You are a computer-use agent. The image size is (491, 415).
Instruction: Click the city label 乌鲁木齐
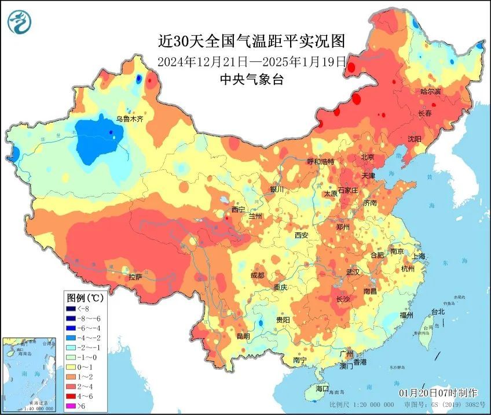point(129,119)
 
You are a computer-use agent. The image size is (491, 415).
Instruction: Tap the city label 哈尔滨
point(430,92)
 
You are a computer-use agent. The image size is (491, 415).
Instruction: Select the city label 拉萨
point(135,277)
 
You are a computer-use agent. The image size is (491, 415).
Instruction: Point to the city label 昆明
point(243,336)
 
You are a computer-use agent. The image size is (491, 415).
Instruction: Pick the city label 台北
point(437,312)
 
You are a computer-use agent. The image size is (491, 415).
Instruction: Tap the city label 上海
point(418,256)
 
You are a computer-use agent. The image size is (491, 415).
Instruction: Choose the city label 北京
point(368,157)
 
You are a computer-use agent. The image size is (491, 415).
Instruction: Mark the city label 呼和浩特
point(320,162)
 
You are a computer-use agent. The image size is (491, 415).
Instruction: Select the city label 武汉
point(353,272)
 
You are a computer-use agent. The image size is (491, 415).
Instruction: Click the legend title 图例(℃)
point(85,298)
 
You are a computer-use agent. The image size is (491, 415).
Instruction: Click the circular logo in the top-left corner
point(19,21)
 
